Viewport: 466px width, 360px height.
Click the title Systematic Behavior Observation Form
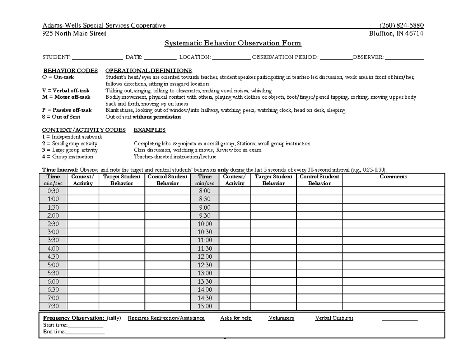pos(233,43)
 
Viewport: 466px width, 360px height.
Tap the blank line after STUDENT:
pos(97,57)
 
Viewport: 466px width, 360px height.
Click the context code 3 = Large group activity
pos(70,150)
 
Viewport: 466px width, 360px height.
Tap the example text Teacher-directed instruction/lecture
pos(175,157)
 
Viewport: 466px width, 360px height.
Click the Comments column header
pos(393,177)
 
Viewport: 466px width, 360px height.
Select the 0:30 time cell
pos(53,191)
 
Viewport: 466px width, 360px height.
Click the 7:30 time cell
pos(53,306)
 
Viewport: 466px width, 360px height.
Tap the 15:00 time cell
pos(205,306)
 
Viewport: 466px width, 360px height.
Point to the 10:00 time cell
pos(205,224)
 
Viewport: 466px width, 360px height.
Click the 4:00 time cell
pos(53,249)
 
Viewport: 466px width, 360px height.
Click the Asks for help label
pos(236,318)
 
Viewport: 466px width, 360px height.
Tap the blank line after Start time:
pos(85,325)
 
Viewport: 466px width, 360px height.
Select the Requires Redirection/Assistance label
pos(166,318)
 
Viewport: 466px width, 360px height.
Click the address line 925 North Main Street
pos(73,33)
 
